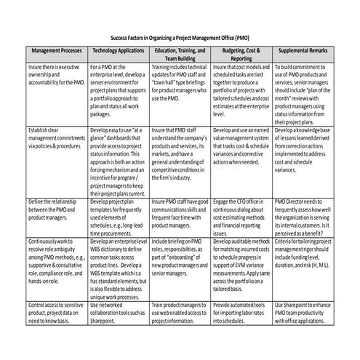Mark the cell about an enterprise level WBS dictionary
[x=118, y=265]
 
